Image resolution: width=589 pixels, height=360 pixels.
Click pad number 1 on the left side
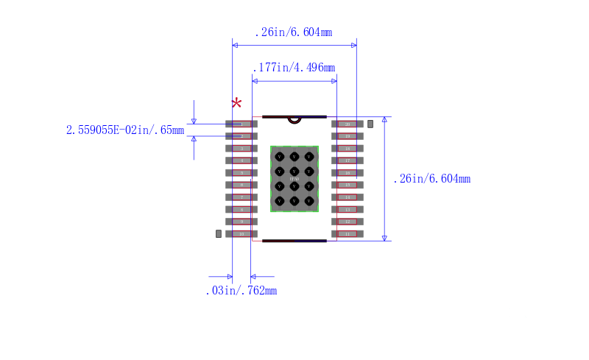[241, 124]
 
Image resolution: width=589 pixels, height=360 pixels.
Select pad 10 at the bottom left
[241, 233]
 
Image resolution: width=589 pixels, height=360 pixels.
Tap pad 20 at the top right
[348, 124]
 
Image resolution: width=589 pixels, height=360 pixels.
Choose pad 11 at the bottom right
[348, 233]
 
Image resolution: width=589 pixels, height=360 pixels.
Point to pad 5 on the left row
[241, 173]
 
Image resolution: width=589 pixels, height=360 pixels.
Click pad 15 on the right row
[348, 185]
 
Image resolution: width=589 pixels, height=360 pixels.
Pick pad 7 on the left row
[241, 197]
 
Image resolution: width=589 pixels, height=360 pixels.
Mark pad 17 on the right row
[348, 160]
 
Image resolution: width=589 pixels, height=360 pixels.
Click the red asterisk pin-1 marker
[236, 104]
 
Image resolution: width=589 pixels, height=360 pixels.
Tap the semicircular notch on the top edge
[294, 119]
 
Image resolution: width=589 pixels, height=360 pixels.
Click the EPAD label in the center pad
[294, 179]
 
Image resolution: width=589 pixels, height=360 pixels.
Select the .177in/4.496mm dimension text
[294, 68]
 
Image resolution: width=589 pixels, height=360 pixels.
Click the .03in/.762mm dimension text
[241, 291]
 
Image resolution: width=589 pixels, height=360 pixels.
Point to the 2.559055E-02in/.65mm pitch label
[125, 130]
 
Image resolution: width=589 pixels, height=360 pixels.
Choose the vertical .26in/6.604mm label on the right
[431, 179]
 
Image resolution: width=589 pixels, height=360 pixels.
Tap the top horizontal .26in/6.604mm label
[293, 32]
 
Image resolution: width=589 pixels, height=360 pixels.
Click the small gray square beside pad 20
[370, 124]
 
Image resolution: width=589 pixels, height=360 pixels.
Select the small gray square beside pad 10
[218, 233]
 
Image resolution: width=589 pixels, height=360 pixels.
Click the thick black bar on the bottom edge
[294, 241]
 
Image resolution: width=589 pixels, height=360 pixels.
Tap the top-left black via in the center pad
[279, 157]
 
